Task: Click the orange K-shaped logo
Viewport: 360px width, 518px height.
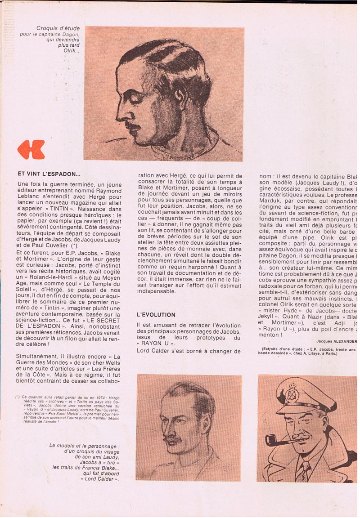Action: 31,149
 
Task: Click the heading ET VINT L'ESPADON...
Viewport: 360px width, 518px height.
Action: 49,174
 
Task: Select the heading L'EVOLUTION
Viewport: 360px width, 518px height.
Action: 156,315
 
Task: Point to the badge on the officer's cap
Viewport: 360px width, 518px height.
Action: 292,393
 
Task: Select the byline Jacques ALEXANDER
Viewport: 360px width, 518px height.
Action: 337,341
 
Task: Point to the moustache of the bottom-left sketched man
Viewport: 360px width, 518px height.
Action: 173,439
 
